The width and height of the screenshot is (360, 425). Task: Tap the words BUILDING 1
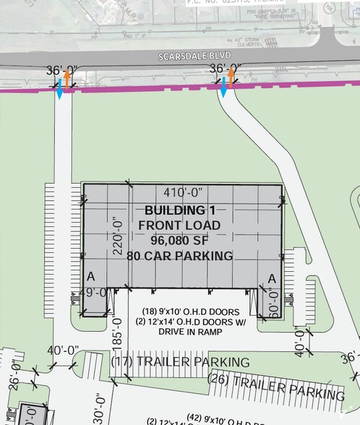[x=174, y=210]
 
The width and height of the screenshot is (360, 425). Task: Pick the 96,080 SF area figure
[x=179, y=241]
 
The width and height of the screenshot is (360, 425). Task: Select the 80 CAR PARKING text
[x=179, y=256]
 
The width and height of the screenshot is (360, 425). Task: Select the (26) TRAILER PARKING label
[x=275, y=385]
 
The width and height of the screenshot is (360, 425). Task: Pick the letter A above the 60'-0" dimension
[x=272, y=279]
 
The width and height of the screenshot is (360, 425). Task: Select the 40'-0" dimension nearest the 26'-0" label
[x=63, y=351]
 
